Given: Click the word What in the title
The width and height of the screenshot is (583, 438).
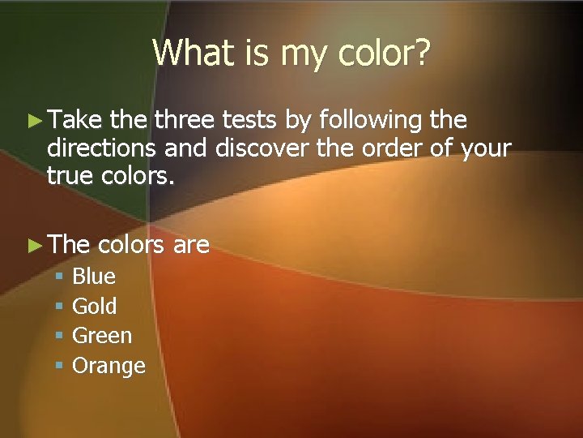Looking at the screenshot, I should pos(187,54).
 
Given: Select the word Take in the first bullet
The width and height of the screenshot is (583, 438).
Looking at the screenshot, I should pos(74,120).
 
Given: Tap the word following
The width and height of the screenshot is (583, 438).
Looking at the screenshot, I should pos(371,122).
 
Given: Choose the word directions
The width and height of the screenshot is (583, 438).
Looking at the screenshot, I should pos(102,149).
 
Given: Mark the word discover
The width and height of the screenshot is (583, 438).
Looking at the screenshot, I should pos(266,149).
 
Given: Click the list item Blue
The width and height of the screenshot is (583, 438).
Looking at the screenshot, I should pos(94,276).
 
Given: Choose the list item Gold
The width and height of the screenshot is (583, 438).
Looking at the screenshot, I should pos(95,306).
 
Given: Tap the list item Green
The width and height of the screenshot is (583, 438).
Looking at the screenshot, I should pos(102,336).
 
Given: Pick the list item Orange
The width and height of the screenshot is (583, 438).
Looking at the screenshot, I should pos(109,366).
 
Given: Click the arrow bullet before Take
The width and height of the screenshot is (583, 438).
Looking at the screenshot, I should pos(33,121).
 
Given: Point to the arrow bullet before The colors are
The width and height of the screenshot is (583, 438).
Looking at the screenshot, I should pos(33,244).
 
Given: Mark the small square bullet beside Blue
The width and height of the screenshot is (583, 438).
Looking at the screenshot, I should pos(58,277).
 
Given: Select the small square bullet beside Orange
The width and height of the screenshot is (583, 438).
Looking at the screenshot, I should pos(58,367).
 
